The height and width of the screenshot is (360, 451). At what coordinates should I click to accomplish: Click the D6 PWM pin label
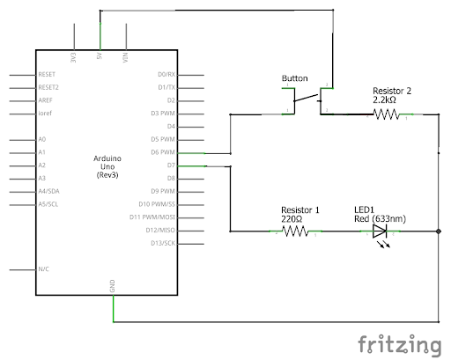point(163,152)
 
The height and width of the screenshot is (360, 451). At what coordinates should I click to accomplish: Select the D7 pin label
point(171,165)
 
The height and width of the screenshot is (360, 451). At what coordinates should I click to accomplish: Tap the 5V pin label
point(100,55)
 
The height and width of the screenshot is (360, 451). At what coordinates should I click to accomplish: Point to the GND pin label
point(112,286)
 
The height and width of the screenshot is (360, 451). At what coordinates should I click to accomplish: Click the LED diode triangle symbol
point(380,231)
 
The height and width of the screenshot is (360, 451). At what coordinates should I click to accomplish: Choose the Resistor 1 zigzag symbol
point(295,231)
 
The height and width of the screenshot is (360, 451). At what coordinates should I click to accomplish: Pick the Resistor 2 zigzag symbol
point(386,114)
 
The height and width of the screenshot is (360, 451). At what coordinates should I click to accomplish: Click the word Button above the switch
point(294,78)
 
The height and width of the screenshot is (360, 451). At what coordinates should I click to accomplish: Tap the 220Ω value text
point(292,219)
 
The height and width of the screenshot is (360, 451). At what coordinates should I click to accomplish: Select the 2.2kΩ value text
point(384,100)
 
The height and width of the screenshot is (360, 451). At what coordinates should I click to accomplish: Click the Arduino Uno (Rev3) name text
point(107,166)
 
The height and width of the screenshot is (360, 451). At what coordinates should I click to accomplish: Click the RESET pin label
point(47,74)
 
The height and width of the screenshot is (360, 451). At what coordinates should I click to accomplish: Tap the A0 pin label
point(42,139)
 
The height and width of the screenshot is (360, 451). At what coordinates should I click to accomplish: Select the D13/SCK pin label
point(163,243)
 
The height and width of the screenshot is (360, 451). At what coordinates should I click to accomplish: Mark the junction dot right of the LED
point(439,231)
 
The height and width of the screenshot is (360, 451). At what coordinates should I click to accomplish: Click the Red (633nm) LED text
point(380,219)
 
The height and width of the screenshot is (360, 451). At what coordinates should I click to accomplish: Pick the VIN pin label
point(125,57)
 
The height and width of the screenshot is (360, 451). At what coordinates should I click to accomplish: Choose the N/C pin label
point(43,269)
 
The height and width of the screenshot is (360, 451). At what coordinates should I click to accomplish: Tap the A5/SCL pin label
point(48,204)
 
